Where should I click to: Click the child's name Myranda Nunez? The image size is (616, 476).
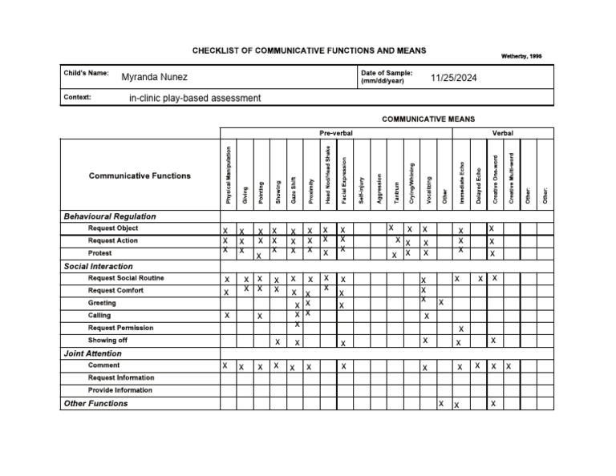[154, 78]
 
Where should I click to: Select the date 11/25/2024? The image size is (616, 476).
[454, 78]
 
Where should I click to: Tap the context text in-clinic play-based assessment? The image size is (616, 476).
[195, 99]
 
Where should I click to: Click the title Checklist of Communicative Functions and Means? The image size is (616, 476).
[309, 50]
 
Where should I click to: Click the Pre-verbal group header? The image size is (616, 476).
[335, 133]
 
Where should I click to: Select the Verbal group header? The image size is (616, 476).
[503, 133]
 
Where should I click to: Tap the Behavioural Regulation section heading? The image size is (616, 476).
[109, 216]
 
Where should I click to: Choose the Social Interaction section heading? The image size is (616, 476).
[98, 266]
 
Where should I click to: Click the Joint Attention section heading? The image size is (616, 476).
[92, 353]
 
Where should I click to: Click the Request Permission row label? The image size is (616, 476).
[120, 328]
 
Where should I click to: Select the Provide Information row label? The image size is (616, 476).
[120, 390]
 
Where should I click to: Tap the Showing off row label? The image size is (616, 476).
[107, 340]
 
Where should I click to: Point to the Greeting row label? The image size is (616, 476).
[102, 303]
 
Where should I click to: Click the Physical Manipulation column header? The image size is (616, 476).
[229, 174]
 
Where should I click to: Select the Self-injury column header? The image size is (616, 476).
[361, 189]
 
